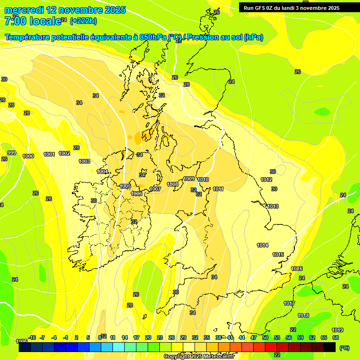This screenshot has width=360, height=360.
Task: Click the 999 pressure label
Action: coord(12,153)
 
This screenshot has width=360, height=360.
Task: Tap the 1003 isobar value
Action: coord(84,161)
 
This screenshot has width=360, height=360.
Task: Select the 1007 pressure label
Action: coord(156,189)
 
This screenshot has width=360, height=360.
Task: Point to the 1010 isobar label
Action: coord(203,180)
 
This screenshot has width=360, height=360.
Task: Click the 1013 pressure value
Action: coord(273,207)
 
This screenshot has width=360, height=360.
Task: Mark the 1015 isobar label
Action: coord(278,255)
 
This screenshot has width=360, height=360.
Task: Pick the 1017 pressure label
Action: coord(289,304)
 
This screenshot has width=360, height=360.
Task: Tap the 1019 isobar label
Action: coord(337,330)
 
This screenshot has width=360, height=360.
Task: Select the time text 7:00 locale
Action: coord(32,21)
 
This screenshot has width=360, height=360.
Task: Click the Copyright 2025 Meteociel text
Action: coord(199,356)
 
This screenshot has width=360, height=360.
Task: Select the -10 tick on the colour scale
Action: coord(32,337)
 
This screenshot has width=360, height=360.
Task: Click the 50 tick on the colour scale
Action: coord(265,337)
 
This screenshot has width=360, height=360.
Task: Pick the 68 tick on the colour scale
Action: coord(336,337)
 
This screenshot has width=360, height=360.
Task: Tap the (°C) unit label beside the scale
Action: coord(344,347)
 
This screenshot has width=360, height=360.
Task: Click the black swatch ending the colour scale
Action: coord(330,347)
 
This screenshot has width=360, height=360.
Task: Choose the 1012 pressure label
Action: coord(266,180)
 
